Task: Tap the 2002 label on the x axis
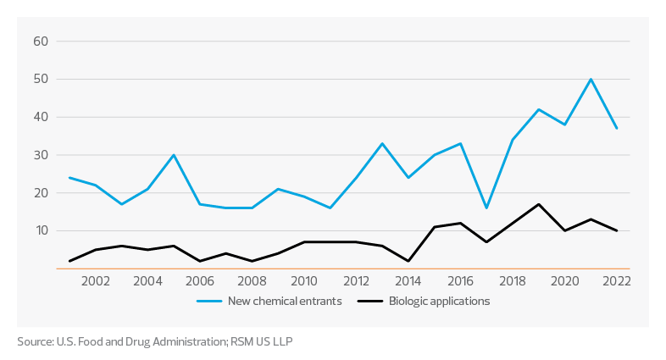[96, 281]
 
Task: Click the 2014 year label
[408, 281]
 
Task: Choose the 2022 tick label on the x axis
[616, 281]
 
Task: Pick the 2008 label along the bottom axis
[252, 281]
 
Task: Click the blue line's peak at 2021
[591, 79]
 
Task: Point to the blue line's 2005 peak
[174, 154]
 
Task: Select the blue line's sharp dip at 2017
[486, 208]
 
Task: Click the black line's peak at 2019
[539, 204]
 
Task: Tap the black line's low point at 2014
[408, 261]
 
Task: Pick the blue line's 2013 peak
[382, 143]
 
